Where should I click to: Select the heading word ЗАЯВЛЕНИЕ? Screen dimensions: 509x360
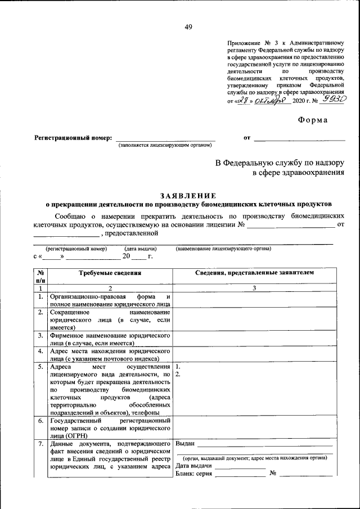click(188, 195)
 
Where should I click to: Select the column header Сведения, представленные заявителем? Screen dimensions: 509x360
click(254, 272)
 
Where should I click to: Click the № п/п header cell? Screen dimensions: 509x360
click(40, 276)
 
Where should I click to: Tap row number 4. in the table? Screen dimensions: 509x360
click(40, 350)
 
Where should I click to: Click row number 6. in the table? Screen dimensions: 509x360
click(40, 421)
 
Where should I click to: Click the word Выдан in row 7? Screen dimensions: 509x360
click(186, 444)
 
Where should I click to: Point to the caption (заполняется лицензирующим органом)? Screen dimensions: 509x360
click(165, 145)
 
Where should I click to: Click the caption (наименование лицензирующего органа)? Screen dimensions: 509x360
click(223, 248)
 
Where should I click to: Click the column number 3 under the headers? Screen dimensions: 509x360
click(254, 288)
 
